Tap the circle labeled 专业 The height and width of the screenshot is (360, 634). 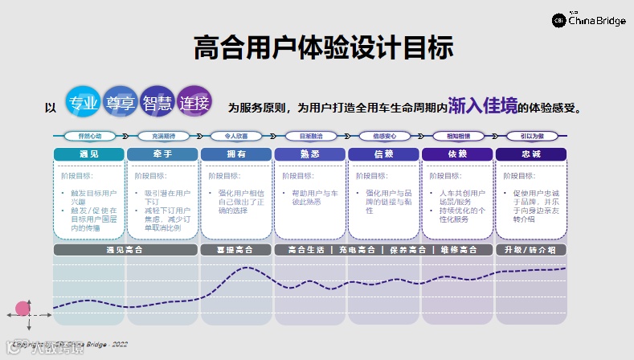pyautogui.click(x=84, y=103)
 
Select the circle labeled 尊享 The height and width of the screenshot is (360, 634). pyautogui.click(x=121, y=103)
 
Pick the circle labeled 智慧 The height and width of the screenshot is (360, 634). pyautogui.click(x=157, y=103)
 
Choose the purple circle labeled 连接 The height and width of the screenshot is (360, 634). pyautogui.click(x=194, y=103)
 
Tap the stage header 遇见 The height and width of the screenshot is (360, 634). pyautogui.click(x=89, y=153)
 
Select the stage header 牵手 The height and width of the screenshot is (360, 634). pyautogui.click(x=162, y=153)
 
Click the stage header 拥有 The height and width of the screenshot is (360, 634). pyautogui.click(x=236, y=153)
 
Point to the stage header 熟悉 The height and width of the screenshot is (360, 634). pyautogui.click(x=310, y=153)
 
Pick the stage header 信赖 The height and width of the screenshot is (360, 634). pyautogui.click(x=383, y=153)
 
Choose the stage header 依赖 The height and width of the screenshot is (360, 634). pyautogui.click(x=457, y=153)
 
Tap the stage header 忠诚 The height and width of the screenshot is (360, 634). pyautogui.click(x=531, y=153)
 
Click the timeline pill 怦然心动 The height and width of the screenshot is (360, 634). pyautogui.click(x=89, y=136)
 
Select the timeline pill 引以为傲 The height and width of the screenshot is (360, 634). pyautogui.click(x=531, y=136)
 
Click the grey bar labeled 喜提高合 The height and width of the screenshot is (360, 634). pyautogui.click(x=236, y=250)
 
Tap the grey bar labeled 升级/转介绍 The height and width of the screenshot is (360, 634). pyautogui.click(x=531, y=250)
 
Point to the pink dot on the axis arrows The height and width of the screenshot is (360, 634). pyautogui.click(x=22, y=309)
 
